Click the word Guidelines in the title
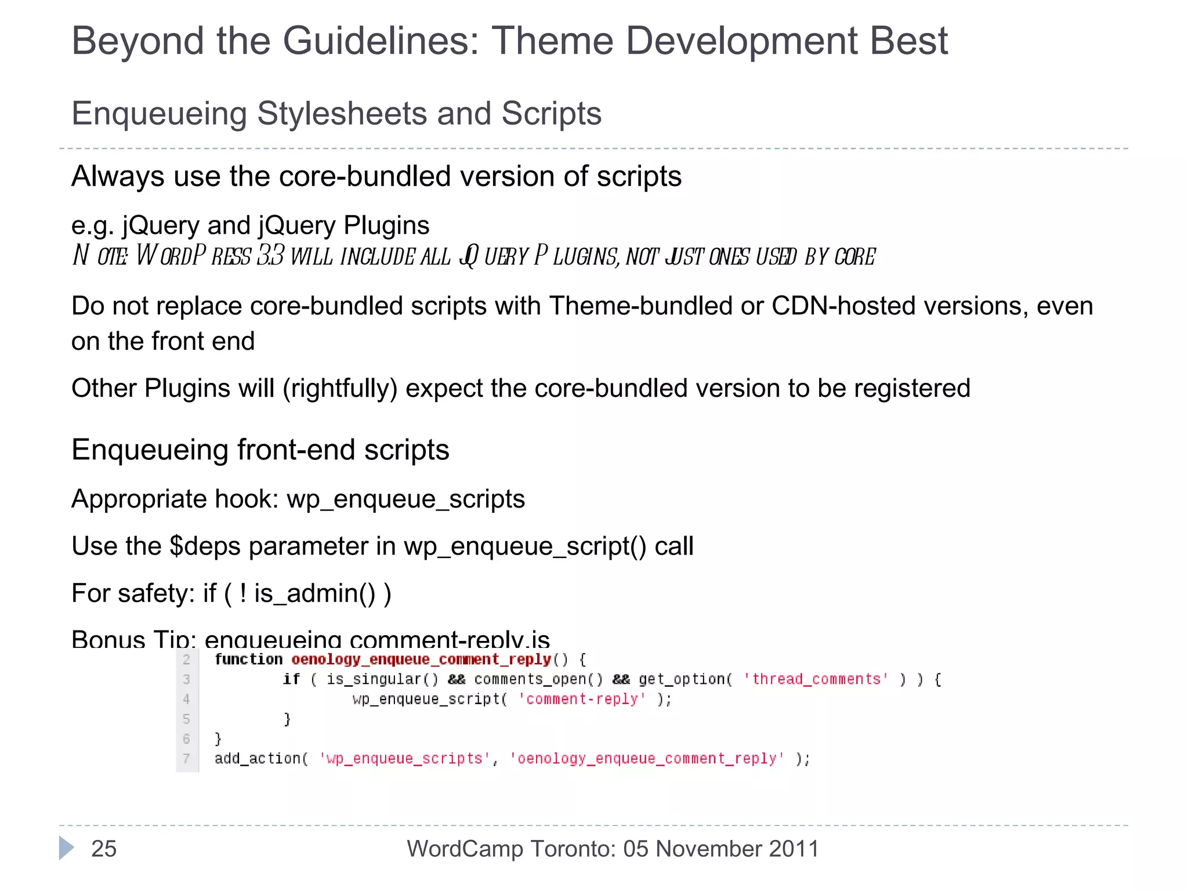[x=381, y=42]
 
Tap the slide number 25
[x=104, y=849]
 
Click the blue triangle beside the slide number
[x=66, y=849]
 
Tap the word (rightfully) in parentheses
[x=340, y=389]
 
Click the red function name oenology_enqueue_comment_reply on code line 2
[x=421, y=660]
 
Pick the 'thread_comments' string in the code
[x=816, y=679]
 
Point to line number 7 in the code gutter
[x=186, y=759]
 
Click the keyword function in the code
[x=248, y=660]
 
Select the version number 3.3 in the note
[x=270, y=256]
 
